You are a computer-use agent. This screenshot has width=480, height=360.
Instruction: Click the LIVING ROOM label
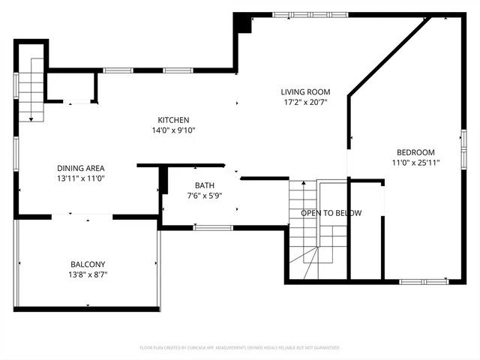tap(305, 92)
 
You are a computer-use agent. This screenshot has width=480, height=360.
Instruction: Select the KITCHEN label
tap(173, 120)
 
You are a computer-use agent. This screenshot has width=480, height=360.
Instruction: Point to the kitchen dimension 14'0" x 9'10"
tap(173, 130)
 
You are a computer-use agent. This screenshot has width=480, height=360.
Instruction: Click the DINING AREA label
tap(80, 168)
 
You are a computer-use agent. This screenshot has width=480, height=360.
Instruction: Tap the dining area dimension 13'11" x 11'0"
tap(80, 178)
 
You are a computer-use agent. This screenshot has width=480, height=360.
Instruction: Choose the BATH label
tap(204, 186)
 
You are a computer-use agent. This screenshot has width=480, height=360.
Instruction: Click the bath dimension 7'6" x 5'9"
tap(204, 196)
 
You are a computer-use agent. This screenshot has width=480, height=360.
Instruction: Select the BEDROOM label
tap(415, 152)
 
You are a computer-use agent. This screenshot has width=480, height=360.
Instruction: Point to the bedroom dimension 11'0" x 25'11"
tap(415, 162)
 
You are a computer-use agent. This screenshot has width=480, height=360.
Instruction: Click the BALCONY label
tap(88, 264)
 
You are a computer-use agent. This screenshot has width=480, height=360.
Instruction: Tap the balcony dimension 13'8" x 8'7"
tap(88, 274)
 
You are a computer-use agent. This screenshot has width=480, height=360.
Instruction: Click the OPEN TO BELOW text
tap(331, 213)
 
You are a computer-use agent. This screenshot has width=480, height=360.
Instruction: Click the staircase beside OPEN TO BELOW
tap(304, 225)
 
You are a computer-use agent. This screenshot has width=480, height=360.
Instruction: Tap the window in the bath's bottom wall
tap(212, 226)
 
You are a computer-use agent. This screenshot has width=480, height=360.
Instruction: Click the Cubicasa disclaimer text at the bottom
tap(240, 348)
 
